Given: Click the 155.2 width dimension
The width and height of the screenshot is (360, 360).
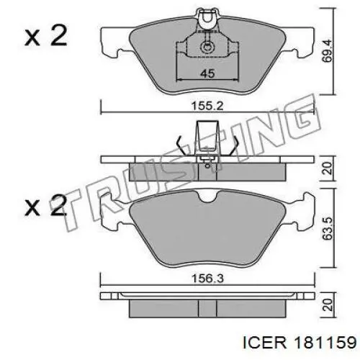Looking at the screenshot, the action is pyautogui.click(x=207, y=106).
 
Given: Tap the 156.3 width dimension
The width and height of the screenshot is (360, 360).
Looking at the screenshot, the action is pyautogui.click(x=207, y=279).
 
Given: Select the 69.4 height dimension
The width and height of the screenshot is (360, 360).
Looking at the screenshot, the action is pyautogui.click(x=327, y=51).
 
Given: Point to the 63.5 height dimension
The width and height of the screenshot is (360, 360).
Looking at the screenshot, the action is pyautogui.click(x=328, y=228).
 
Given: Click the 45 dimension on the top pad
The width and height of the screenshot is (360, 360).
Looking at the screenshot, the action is pyautogui.click(x=207, y=73).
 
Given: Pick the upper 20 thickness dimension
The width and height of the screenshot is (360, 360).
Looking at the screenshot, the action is pyautogui.click(x=328, y=168).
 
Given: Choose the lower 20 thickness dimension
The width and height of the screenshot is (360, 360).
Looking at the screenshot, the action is pyautogui.click(x=328, y=305).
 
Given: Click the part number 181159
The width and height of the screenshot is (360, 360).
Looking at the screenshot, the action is pyautogui.click(x=325, y=343).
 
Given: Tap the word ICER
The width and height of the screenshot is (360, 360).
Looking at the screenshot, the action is pyautogui.click(x=265, y=343).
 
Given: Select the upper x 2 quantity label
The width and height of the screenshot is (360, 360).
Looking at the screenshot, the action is pyautogui.click(x=45, y=36).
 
